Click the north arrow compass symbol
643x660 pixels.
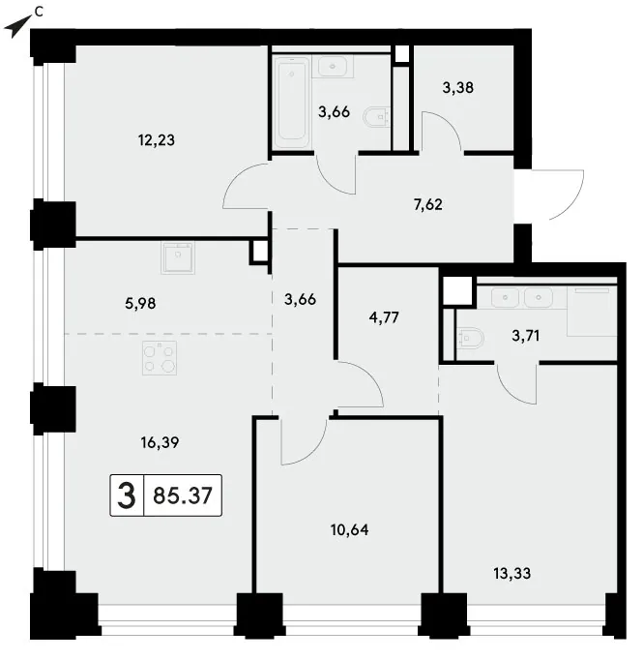(x=16, y=27)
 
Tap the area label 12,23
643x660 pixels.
(x=157, y=139)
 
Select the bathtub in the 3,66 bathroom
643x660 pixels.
(x=292, y=102)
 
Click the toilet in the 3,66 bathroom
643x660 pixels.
(x=377, y=117)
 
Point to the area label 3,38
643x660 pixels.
(x=458, y=87)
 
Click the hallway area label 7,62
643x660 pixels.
(x=428, y=204)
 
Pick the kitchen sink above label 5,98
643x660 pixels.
(x=178, y=257)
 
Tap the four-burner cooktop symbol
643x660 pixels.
(x=160, y=358)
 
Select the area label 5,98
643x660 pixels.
(x=140, y=303)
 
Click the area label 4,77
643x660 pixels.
(x=384, y=317)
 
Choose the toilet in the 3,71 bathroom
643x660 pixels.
(x=471, y=338)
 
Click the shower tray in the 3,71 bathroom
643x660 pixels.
(x=592, y=311)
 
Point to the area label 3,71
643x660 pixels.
(x=526, y=336)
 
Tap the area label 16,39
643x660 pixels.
(x=160, y=442)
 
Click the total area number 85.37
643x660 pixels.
(x=183, y=495)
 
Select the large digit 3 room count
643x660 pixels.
(x=127, y=495)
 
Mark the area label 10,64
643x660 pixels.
(x=349, y=529)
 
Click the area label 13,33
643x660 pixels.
(x=512, y=573)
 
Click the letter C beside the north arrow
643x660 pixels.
(x=39, y=13)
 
